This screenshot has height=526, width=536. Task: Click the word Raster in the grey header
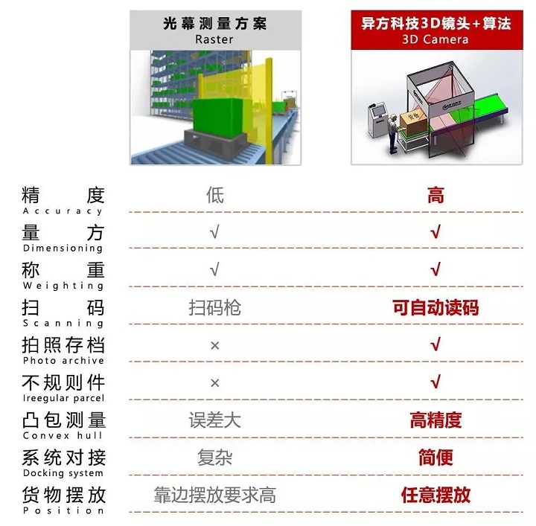tap(214, 39)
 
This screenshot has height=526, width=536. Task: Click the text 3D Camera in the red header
tap(435, 39)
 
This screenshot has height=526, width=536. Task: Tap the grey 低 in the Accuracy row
tap(215, 196)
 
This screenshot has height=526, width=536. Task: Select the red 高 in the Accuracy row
tap(435, 196)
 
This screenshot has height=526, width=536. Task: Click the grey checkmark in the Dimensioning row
tap(214, 232)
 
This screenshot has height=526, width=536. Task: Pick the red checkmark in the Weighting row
tap(435, 269)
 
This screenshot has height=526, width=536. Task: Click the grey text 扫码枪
tap(215, 307)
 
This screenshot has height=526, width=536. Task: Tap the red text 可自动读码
tap(435, 307)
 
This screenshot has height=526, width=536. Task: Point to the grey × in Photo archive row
tap(215, 346)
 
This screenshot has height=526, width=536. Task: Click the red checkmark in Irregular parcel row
tap(435, 382)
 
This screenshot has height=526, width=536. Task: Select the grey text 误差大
tap(215, 420)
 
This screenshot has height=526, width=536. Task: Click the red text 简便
tap(435, 458)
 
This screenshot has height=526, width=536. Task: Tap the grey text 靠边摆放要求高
tap(215, 495)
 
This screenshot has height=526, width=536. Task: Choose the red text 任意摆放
tap(435, 495)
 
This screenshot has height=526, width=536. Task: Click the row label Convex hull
tap(63, 435)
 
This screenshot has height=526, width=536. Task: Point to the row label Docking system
tap(63, 473)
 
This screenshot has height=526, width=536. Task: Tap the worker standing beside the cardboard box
tap(394, 134)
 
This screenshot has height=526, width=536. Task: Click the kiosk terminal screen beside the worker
tap(380, 112)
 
